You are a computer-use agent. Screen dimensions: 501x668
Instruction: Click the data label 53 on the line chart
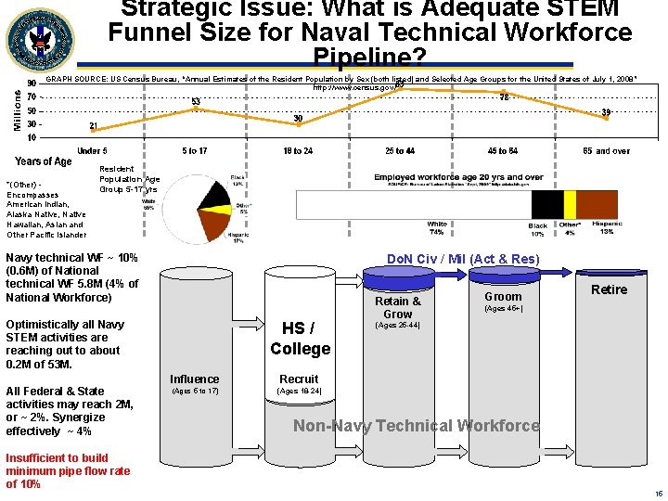[x=196, y=101]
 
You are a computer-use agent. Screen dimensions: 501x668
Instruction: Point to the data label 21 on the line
[x=93, y=125]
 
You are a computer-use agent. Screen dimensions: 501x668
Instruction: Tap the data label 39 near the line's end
[x=606, y=112]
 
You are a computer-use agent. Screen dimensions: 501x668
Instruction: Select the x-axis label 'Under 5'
[x=91, y=150]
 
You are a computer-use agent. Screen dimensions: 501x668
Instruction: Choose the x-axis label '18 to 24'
[x=298, y=150]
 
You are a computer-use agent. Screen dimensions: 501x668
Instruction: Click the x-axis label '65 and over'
[x=606, y=150]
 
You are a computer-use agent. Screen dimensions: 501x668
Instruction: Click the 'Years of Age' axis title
[x=43, y=161]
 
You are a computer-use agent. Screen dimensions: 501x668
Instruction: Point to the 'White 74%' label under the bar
[x=437, y=228]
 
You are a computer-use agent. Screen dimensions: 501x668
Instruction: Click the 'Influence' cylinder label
[x=195, y=379]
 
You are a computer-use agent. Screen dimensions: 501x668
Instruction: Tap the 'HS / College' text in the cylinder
[x=300, y=339]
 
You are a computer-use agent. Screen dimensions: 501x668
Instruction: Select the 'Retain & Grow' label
[x=397, y=307]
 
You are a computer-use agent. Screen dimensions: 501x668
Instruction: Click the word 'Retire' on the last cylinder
[x=609, y=289]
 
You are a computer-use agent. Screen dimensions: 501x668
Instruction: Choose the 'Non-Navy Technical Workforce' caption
[x=416, y=426]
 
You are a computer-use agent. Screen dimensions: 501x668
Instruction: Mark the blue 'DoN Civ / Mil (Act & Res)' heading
[x=462, y=258]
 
